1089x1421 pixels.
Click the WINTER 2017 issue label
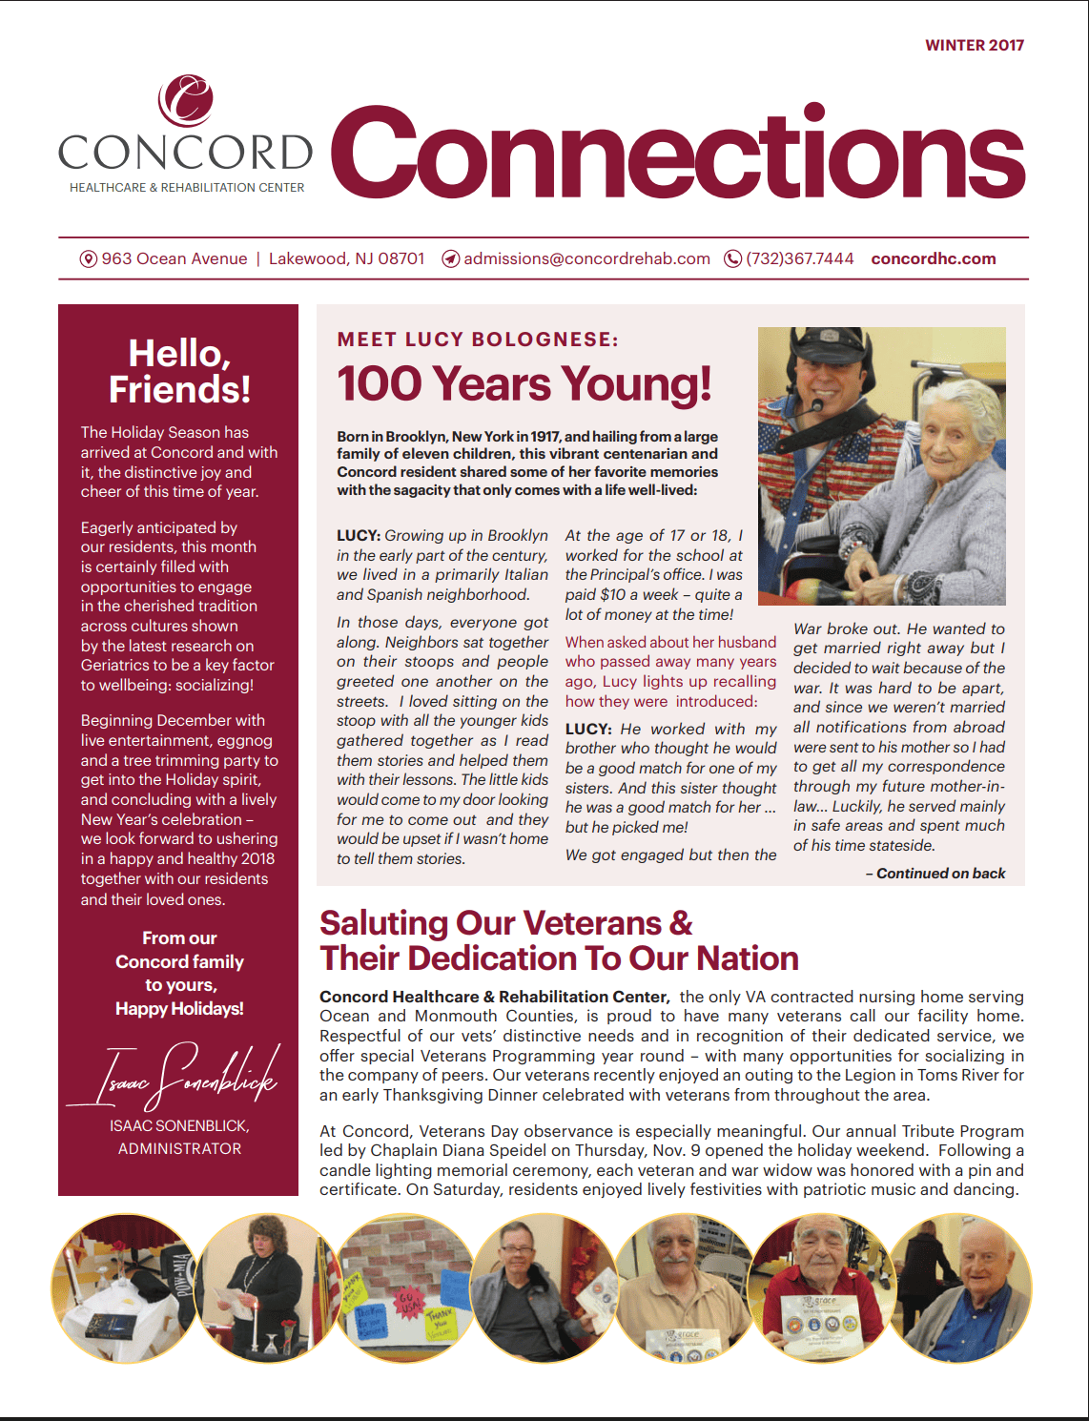pyautogui.click(x=974, y=45)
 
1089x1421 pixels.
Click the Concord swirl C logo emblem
pyautogui.click(x=186, y=101)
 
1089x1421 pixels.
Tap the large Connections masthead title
pyautogui.click(x=677, y=153)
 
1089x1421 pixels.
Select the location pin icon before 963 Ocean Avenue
pyautogui.click(x=89, y=259)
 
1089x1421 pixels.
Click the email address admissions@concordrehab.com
pyautogui.click(x=586, y=258)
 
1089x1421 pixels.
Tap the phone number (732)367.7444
pyautogui.click(x=799, y=258)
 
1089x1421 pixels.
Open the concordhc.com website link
pyautogui.click(x=933, y=258)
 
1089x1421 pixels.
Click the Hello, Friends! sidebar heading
pyautogui.click(x=179, y=371)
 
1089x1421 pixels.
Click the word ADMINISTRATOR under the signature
pyautogui.click(x=179, y=1148)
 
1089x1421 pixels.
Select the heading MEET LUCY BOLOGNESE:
pyautogui.click(x=478, y=340)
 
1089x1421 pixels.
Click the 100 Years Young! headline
pyautogui.click(x=524, y=383)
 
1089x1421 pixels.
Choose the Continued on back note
pyautogui.click(x=935, y=873)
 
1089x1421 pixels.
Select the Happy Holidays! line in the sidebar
pyautogui.click(x=179, y=1008)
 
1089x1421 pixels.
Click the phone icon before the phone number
pyautogui.click(x=732, y=259)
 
